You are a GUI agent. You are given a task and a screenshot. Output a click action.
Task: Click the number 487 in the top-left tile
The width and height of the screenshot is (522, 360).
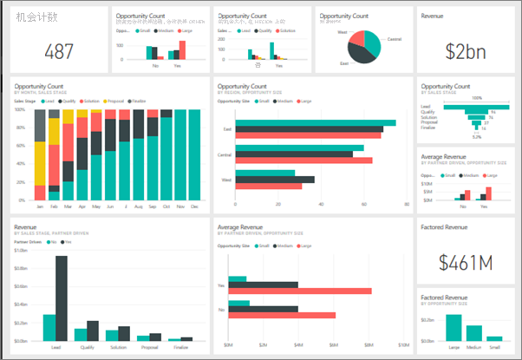[x=59, y=51]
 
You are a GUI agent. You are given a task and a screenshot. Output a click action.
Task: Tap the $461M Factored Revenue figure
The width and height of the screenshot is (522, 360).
[x=466, y=261]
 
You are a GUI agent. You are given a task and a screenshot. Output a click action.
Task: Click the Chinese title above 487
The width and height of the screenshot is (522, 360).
[x=37, y=16]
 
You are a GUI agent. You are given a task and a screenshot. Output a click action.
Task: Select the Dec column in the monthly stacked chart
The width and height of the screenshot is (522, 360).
[x=193, y=156]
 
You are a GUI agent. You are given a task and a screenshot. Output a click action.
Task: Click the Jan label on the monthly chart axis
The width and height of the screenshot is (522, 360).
[x=39, y=207]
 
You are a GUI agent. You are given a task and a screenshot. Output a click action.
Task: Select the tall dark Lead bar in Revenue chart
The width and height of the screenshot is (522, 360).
[x=61, y=286]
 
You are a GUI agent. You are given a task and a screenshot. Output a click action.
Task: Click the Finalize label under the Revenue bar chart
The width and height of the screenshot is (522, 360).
[x=181, y=345]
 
